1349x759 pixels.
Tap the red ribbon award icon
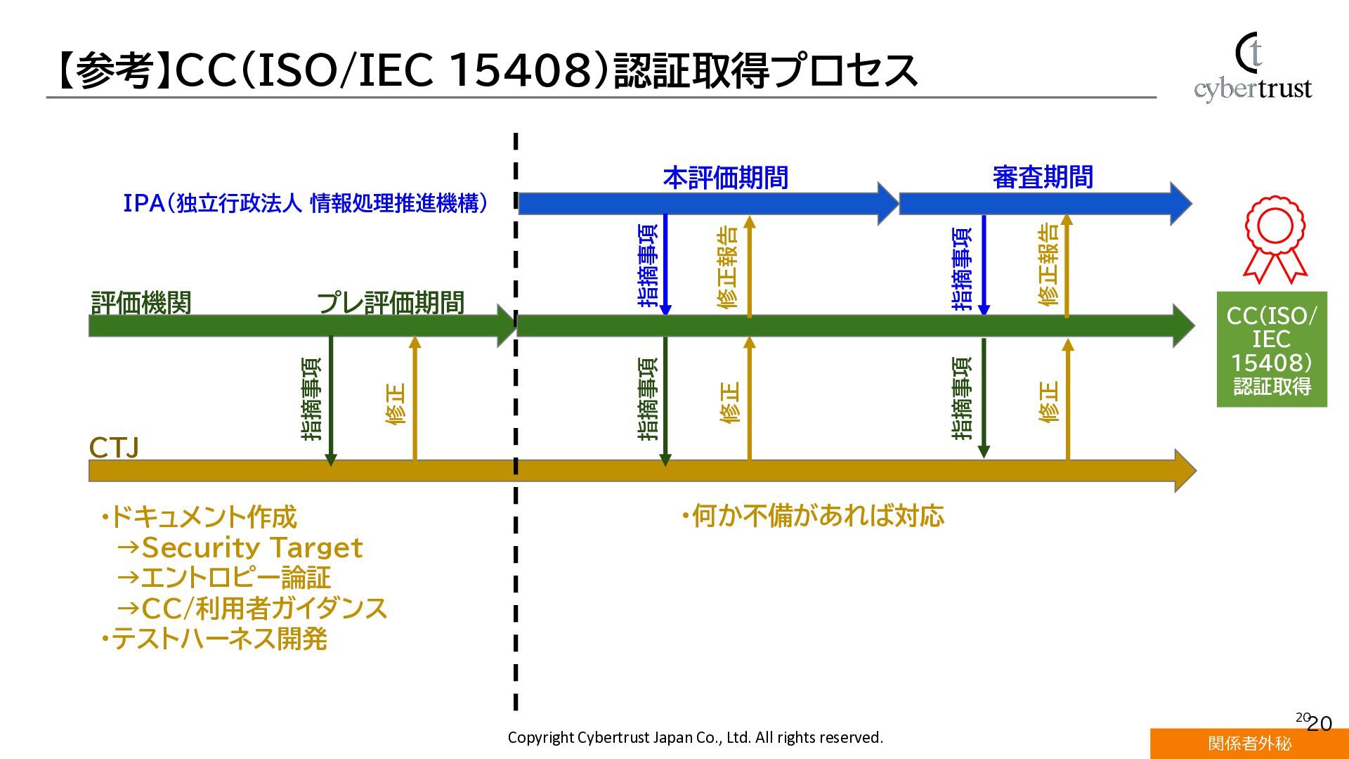(1275, 240)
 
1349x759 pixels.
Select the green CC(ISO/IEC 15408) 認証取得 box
(1272, 349)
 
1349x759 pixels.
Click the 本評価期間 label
(725, 178)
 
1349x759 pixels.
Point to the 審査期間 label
(1043, 178)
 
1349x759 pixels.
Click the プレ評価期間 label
(391, 303)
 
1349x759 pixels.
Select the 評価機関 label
(141, 303)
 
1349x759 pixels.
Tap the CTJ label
(114, 448)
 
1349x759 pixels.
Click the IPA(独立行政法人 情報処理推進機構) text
(306, 204)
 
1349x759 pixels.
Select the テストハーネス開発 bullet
(214, 639)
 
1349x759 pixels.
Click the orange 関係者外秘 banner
(1249, 744)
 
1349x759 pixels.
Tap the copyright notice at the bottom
(695, 737)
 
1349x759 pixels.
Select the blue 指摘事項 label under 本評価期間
(648, 266)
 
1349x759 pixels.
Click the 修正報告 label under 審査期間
(1048, 264)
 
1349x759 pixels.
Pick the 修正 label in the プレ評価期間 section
(396, 404)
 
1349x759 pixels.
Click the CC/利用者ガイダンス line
(253, 609)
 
